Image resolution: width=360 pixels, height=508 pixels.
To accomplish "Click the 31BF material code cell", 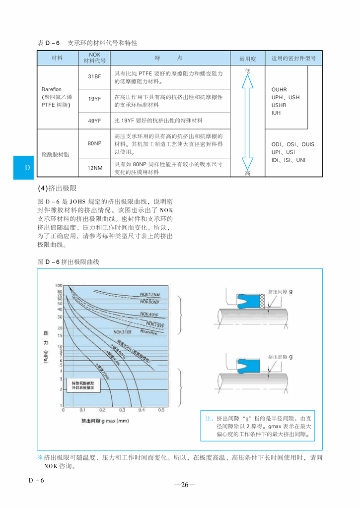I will (94, 77).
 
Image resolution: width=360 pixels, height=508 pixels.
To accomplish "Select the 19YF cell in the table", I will (94, 99).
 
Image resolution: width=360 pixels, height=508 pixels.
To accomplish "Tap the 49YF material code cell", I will (94, 121).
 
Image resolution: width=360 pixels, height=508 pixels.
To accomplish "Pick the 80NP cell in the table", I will (94, 143).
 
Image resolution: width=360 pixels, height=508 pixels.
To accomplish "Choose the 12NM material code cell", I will (94, 168).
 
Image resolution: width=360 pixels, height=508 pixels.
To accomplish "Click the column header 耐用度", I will (247, 59).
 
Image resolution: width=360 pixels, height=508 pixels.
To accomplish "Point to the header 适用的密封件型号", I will (293, 59).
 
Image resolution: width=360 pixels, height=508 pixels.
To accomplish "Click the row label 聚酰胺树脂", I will (56, 154).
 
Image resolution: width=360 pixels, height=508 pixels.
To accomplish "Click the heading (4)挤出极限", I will (58, 189).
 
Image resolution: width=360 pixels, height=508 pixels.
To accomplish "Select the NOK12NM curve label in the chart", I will (150, 295).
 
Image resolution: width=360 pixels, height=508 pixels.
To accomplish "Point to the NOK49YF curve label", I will (149, 314).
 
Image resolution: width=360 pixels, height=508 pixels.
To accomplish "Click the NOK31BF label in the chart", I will (123, 332).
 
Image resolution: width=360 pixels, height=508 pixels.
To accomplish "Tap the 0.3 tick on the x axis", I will (122, 410).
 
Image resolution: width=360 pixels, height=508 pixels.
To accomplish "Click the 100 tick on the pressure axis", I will (59, 286).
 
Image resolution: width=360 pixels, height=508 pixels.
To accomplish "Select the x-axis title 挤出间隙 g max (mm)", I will (105, 421).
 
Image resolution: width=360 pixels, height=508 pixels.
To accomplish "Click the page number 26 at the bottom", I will (184, 485).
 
